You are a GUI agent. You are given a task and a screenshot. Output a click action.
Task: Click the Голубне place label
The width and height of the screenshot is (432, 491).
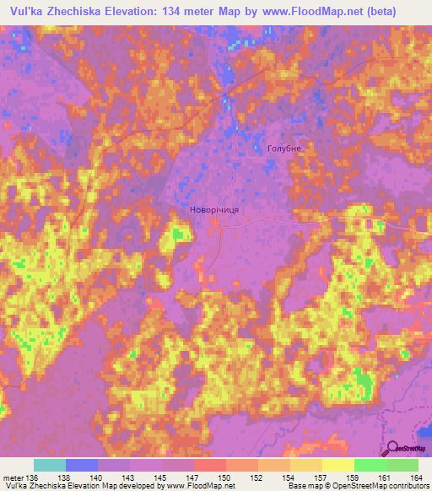(x=283, y=148)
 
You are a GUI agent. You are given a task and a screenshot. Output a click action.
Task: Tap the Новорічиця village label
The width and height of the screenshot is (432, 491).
(x=213, y=209)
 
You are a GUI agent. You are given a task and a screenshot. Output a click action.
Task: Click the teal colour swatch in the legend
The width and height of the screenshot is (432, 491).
(x=50, y=465)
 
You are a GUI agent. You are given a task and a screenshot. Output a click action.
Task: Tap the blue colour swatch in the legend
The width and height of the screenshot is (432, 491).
(x=82, y=465)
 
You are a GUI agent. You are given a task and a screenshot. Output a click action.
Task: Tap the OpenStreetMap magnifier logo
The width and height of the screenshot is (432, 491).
(x=392, y=448)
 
